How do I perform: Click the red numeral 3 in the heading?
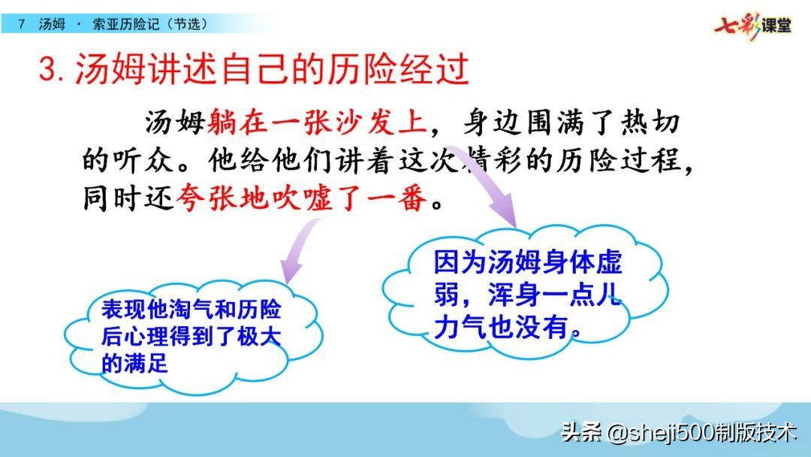point(47,69)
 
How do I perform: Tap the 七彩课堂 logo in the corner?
point(752,25)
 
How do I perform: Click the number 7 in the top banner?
point(21,24)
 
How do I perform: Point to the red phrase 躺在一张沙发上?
point(318,123)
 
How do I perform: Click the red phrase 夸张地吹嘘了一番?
point(302,198)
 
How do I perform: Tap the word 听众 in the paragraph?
point(144,160)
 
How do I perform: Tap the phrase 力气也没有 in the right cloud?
point(501,327)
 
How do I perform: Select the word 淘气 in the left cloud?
point(192,309)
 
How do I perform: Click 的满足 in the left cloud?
point(135,363)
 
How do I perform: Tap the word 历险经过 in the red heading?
point(398,69)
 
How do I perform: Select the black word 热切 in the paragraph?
point(650,123)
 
